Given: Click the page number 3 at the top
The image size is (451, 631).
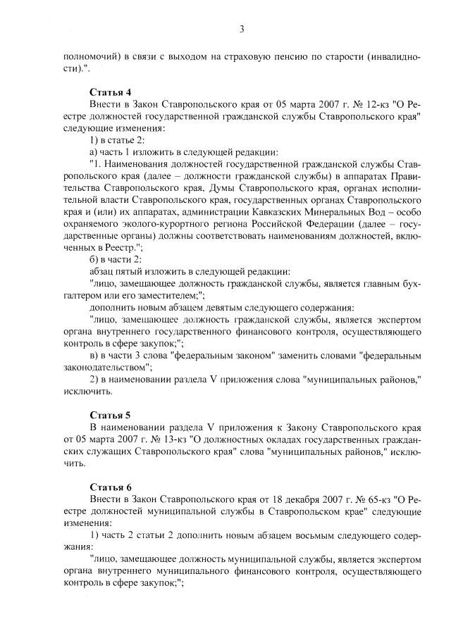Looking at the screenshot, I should (x=242, y=29).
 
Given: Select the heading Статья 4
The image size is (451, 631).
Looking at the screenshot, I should (x=110, y=92).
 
